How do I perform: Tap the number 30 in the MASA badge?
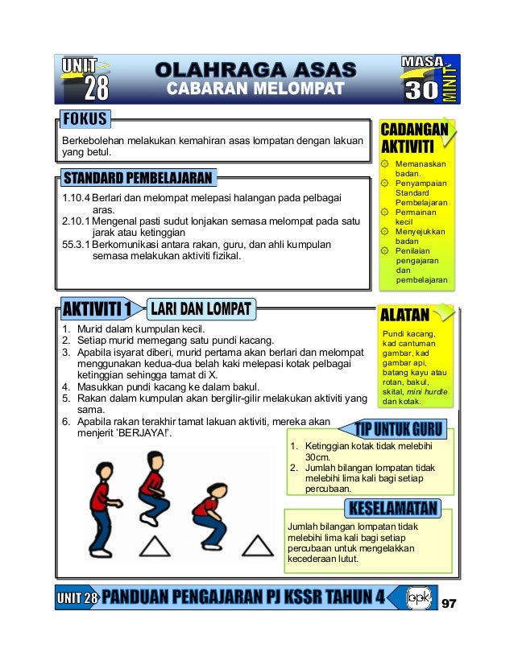(421, 88)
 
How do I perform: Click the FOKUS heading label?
(84, 120)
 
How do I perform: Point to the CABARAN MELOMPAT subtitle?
(255, 88)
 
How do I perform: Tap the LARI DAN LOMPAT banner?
(201, 308)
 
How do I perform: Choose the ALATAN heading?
(405, 314)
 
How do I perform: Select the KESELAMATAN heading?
(392, 509)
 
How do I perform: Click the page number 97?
(449, 605)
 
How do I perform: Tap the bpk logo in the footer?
(418, 598)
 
